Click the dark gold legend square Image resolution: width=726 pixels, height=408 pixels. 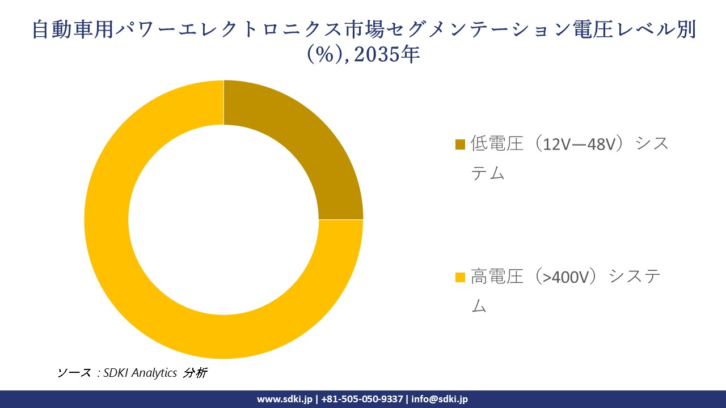(x=460, y=144)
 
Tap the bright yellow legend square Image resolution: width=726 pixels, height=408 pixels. (x=460, y=277)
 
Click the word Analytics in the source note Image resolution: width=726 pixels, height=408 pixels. (x=154, y=373)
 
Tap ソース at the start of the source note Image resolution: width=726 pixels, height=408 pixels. (x=74, y=373)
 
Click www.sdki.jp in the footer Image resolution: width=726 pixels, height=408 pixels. (x=284, y=399)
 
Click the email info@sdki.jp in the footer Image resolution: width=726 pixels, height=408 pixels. (x=440, y=399)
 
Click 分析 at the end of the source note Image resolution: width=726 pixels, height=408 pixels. (x=196, y=373)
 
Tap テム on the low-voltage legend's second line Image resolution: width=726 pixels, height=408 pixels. (x=488, y=173)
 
